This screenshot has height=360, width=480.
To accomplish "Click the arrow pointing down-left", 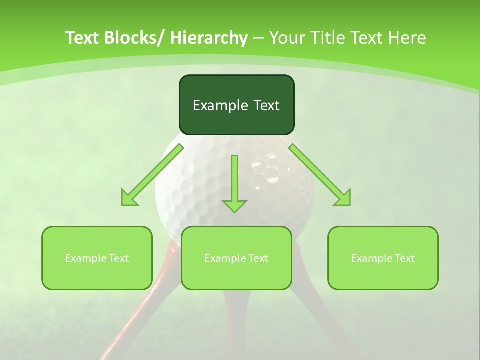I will point(152,175).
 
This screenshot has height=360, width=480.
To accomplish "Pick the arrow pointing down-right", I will point(320,175).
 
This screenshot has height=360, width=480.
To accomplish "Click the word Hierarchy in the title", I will point(209,38).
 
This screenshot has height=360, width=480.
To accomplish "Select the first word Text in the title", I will point(83,38).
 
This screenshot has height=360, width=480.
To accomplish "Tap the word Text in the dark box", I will point(265,105).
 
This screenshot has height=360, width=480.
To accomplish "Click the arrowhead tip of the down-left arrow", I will point(123,204).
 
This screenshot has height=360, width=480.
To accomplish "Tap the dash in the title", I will point(258,38).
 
